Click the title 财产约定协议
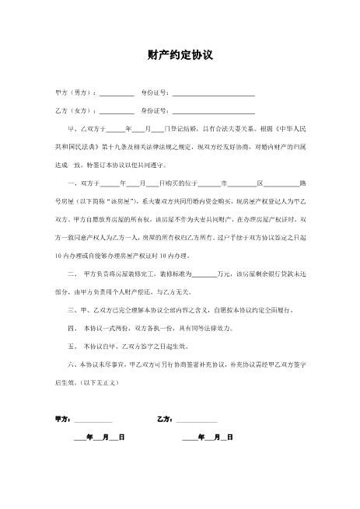[x=180, y=56]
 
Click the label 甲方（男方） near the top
[x=75, y=92]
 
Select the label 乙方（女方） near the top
[x=75, y=110]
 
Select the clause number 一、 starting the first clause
[x=74, y=183]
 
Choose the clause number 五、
[x=74, y=347]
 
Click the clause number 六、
[x=74, y=364]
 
